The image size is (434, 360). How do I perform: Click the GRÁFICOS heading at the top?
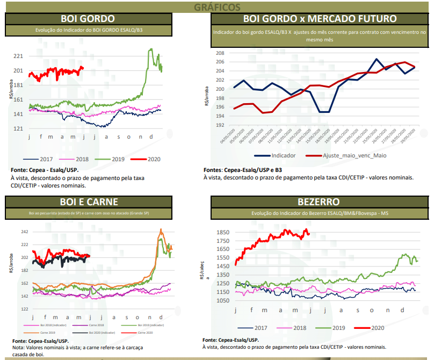(x=217, y=6)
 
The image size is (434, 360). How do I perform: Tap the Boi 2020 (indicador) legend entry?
(x=99, y=333)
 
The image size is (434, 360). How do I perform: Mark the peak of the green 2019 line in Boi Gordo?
(x=150, y=49)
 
